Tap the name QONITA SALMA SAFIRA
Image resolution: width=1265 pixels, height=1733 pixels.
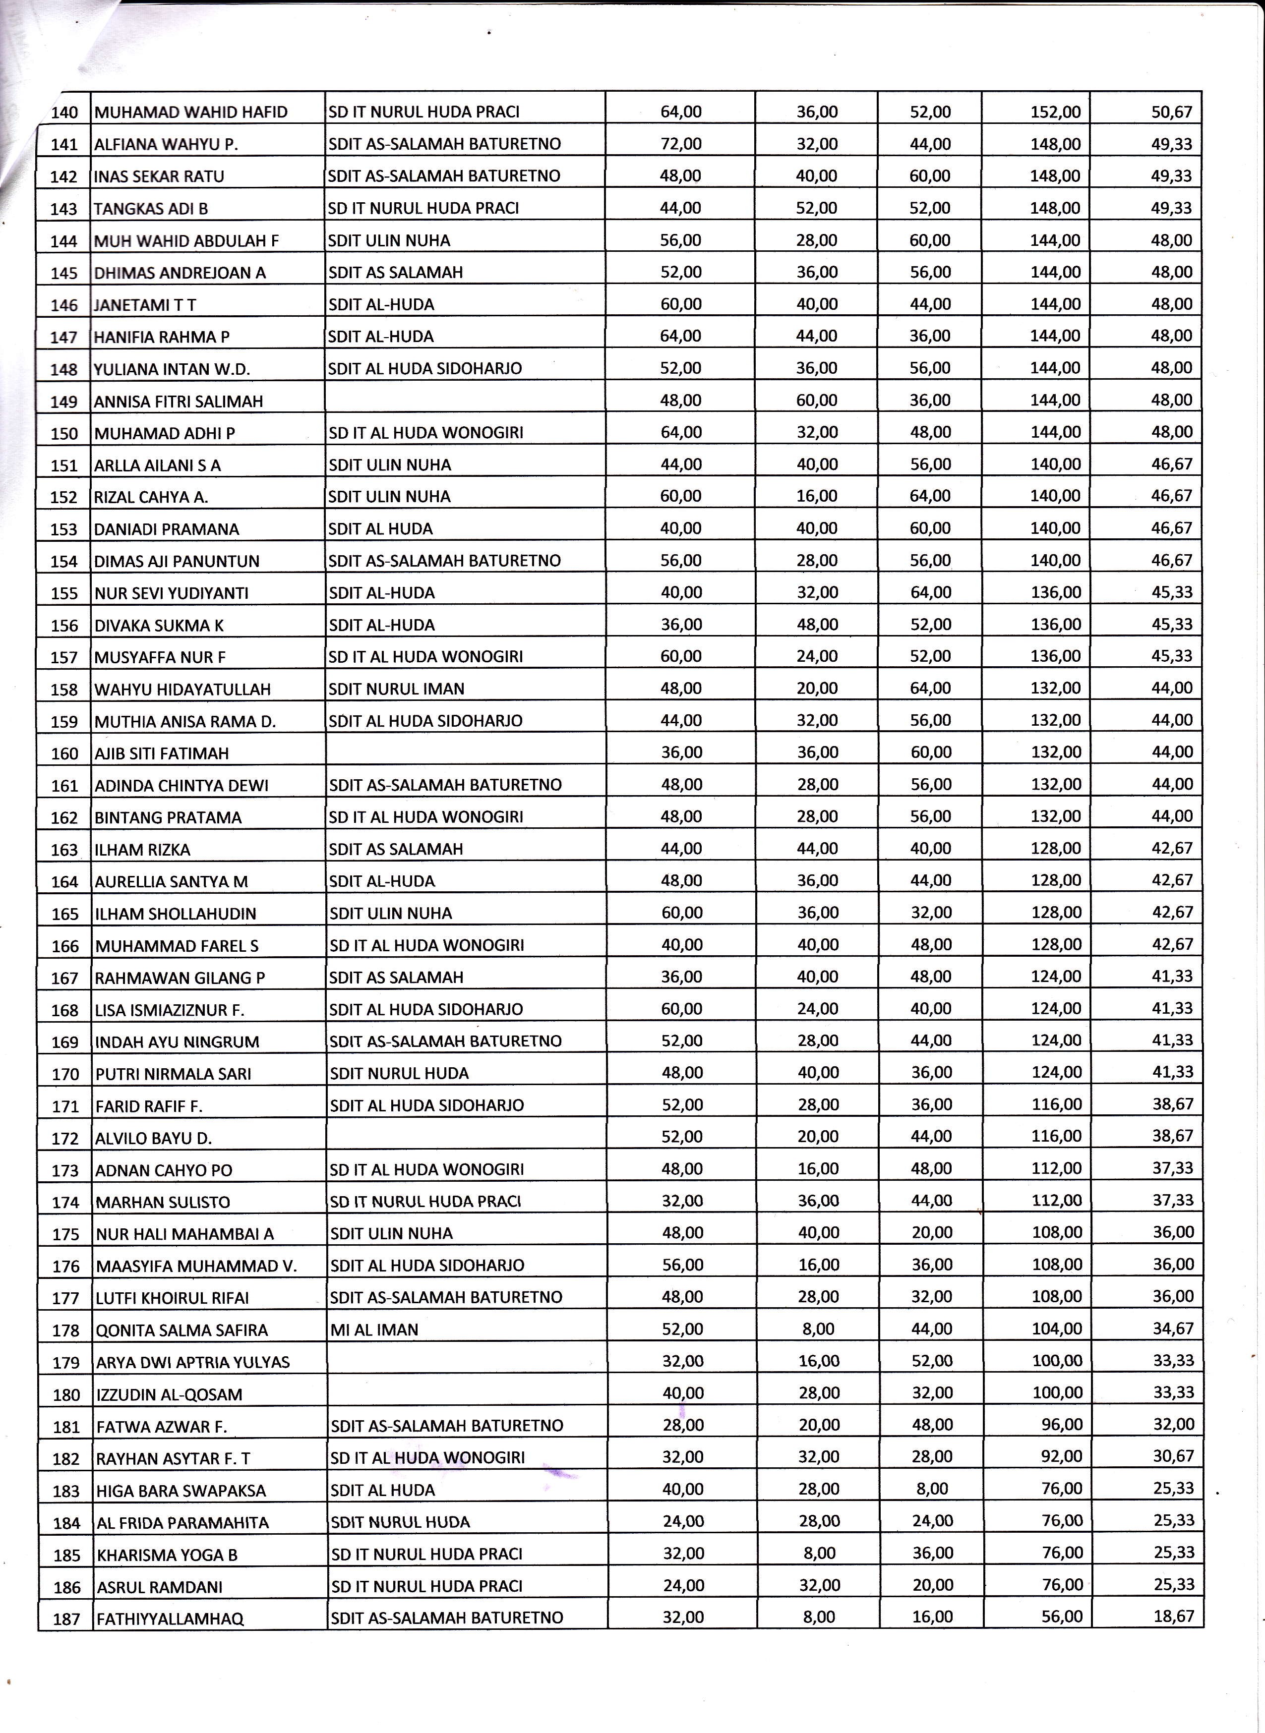click(x=182, y=1330)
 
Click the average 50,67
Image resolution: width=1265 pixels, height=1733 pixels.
click(x=1172, y=112)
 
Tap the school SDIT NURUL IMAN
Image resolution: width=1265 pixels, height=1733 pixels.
click(x=397, y=689)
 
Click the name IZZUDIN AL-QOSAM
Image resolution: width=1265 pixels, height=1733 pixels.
click(x=169, y=1394)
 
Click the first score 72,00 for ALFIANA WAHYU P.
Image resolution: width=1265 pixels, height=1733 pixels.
click(x=681, y=144)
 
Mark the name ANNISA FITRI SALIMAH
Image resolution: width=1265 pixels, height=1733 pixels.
click(x=179, y=401)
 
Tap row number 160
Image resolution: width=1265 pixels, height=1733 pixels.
click(x=65, y=753)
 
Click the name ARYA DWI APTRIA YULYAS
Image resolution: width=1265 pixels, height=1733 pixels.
click(x=193, y=1363)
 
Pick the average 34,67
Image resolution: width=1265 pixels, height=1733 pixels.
click(x=1173, y=1329)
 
